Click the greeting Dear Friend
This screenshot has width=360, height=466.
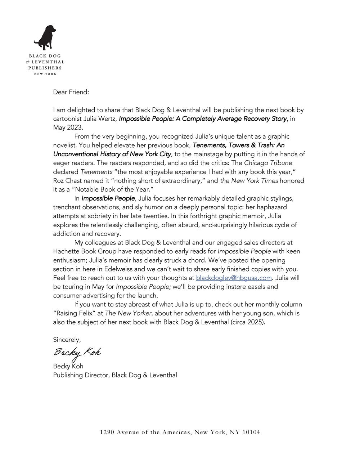tap(71, 92)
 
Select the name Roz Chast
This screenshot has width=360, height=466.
tap(67, 180)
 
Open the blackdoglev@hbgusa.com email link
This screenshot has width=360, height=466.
tap(234, 278)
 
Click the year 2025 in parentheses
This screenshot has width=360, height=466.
tap(255, 322)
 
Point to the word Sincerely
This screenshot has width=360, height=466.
tap(67, 339)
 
